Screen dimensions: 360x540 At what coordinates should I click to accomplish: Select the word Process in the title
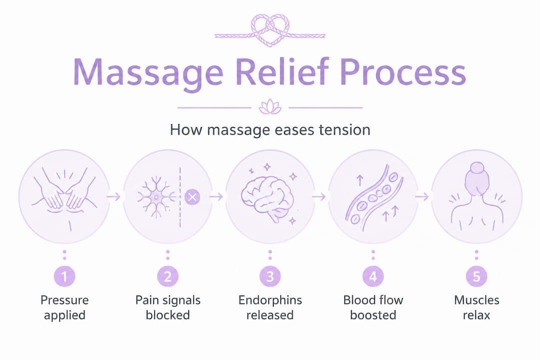tap(402, 73)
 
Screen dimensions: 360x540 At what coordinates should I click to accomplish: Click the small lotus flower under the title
tap(270, 107)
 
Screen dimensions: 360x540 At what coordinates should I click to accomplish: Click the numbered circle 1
tap(64, 276)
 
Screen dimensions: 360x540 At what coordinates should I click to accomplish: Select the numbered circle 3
tap(270, 276)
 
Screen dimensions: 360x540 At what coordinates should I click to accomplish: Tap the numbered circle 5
tap(476, 276)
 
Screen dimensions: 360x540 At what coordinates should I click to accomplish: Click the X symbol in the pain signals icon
tap(192, 197)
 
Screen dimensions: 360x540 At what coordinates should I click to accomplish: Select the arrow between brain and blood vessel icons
tap(318, 197)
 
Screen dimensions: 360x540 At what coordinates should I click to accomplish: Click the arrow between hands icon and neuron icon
tap(114, 197)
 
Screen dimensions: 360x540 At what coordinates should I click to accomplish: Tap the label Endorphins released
tap(270, 307)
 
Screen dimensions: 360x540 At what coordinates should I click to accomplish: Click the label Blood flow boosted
tap(373, 307)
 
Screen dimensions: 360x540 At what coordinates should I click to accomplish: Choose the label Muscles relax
tap(476, 307)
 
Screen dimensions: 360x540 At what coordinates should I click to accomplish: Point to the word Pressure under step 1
tap(64, 300)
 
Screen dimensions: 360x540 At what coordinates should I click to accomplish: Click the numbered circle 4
tap(373, 276)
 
